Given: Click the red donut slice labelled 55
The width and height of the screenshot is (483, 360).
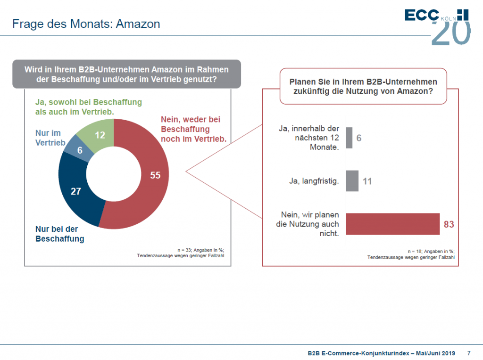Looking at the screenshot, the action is [154, 185].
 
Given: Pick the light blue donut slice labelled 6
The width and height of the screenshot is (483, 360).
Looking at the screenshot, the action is [79, 149].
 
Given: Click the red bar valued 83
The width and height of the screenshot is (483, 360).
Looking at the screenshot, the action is [393, 224].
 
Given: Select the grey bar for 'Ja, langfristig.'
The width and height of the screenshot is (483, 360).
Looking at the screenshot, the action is [352, 181].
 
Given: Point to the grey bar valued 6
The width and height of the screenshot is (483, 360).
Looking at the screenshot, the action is [349, 138].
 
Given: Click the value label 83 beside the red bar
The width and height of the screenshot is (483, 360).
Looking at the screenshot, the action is [449, 224].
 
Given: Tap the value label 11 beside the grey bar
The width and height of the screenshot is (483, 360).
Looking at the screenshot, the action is [367, 181].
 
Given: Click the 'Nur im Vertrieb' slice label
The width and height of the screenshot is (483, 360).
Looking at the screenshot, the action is [50, 138].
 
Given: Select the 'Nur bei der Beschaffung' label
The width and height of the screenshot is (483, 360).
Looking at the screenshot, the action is [60, 234].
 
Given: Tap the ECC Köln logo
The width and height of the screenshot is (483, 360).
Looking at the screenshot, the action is [437, 27].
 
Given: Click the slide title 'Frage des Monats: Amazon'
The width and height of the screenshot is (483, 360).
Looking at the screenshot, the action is [86, 24].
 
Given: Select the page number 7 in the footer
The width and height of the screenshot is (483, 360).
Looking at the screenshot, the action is [469, 353].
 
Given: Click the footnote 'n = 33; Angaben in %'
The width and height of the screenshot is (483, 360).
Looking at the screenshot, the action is [200, 250].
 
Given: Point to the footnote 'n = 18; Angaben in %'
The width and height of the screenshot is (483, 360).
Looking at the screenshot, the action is [431, 251].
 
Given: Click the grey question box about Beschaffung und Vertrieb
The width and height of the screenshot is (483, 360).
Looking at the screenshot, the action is [126, 74].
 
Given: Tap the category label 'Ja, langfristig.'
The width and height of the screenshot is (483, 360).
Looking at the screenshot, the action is [314, 181].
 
